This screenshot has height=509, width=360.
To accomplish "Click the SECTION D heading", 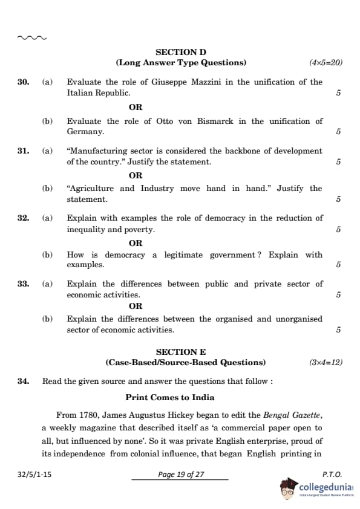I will pyautogui.click(x=181, y=53).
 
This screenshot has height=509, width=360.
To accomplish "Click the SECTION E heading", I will pyautogui.click(x=181, y=352).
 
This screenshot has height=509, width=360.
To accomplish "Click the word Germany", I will pyautogui.click(x=85, y=132).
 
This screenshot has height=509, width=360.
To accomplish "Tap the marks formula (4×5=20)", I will pyautogui.click(x=326, y=63).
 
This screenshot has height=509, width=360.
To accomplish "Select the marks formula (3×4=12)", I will pyautogui.click(x=326, y=363).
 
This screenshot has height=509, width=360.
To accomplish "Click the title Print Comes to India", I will pyautogui.click(x=170, y=398).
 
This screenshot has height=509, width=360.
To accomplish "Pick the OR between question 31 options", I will pyautogui.click(x=136, y=175).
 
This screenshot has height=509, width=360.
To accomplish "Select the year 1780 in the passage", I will pyautogui.click(x=88, y=415).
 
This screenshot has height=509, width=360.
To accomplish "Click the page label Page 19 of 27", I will pyautogui.click(x=181, y=475).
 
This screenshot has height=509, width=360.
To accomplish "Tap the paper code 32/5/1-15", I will pyautogui.click(x=34, y=475).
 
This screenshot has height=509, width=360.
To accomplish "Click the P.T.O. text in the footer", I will pyautogui.click(x=332, y=475).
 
